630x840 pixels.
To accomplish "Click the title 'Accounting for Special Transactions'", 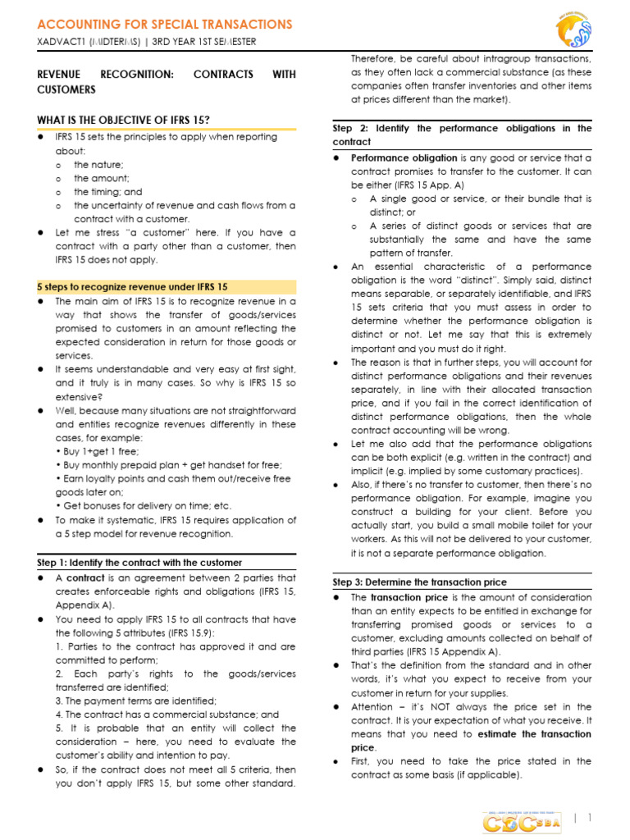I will [x=165, y=25].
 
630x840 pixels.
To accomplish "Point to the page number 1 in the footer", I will [x=589, y=817].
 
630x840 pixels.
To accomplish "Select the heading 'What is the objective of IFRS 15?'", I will [x=123, y=121].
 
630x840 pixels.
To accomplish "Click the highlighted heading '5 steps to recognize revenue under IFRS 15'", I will [x=133, y=287].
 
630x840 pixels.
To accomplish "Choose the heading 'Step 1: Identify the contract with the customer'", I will [x=139, y=563].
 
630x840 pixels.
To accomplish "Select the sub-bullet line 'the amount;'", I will [x=101, y=178].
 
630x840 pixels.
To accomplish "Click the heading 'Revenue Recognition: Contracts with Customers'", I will [x=167, y=81].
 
